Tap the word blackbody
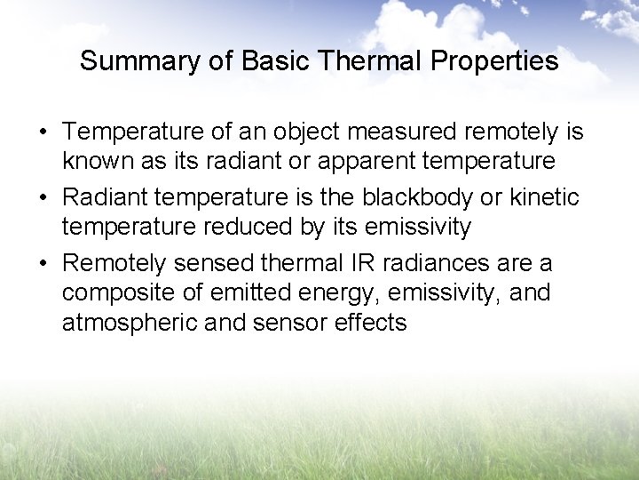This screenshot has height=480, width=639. [x=414, y=197]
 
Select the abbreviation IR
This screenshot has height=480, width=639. [x=351, y=263]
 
